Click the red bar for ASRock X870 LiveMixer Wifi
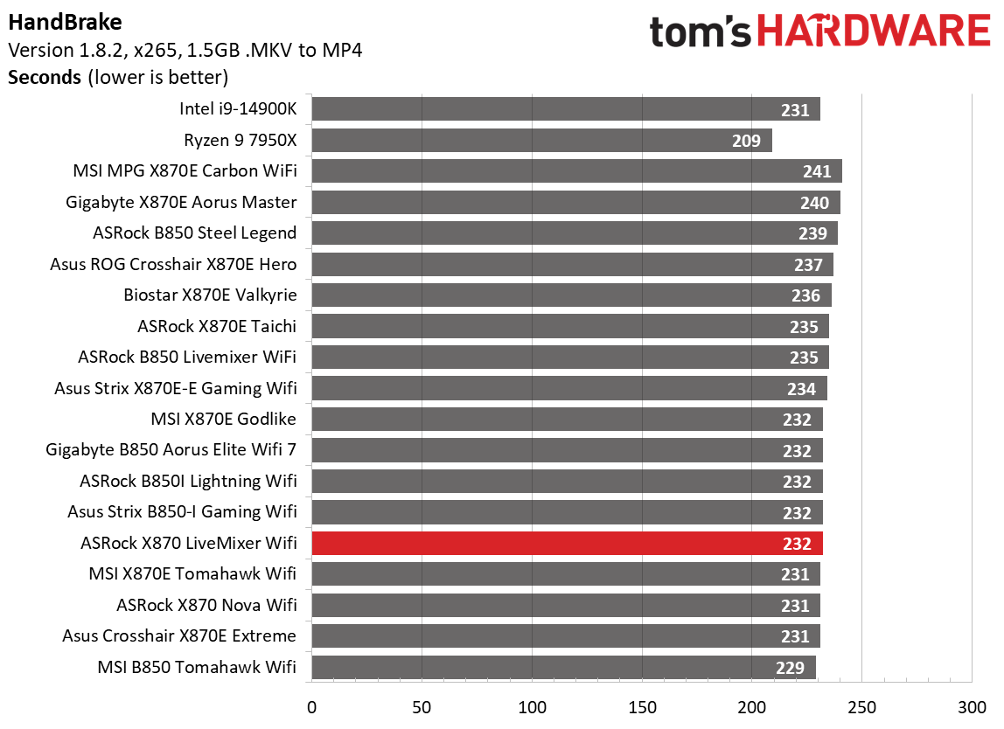(567, 543)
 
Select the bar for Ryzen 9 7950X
(541, 140)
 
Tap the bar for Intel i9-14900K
(565, 109)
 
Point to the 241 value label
(817, 171)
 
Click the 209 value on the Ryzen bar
(747, 140)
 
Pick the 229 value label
(790, 668)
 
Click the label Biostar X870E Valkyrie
(210, 295)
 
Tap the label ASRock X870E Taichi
(217, 326)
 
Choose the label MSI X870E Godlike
(223, 419)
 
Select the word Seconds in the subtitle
(45, 77)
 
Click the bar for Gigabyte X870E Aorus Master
(575, 202)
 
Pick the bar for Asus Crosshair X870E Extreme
(565, 635)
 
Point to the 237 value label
(808, 264)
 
